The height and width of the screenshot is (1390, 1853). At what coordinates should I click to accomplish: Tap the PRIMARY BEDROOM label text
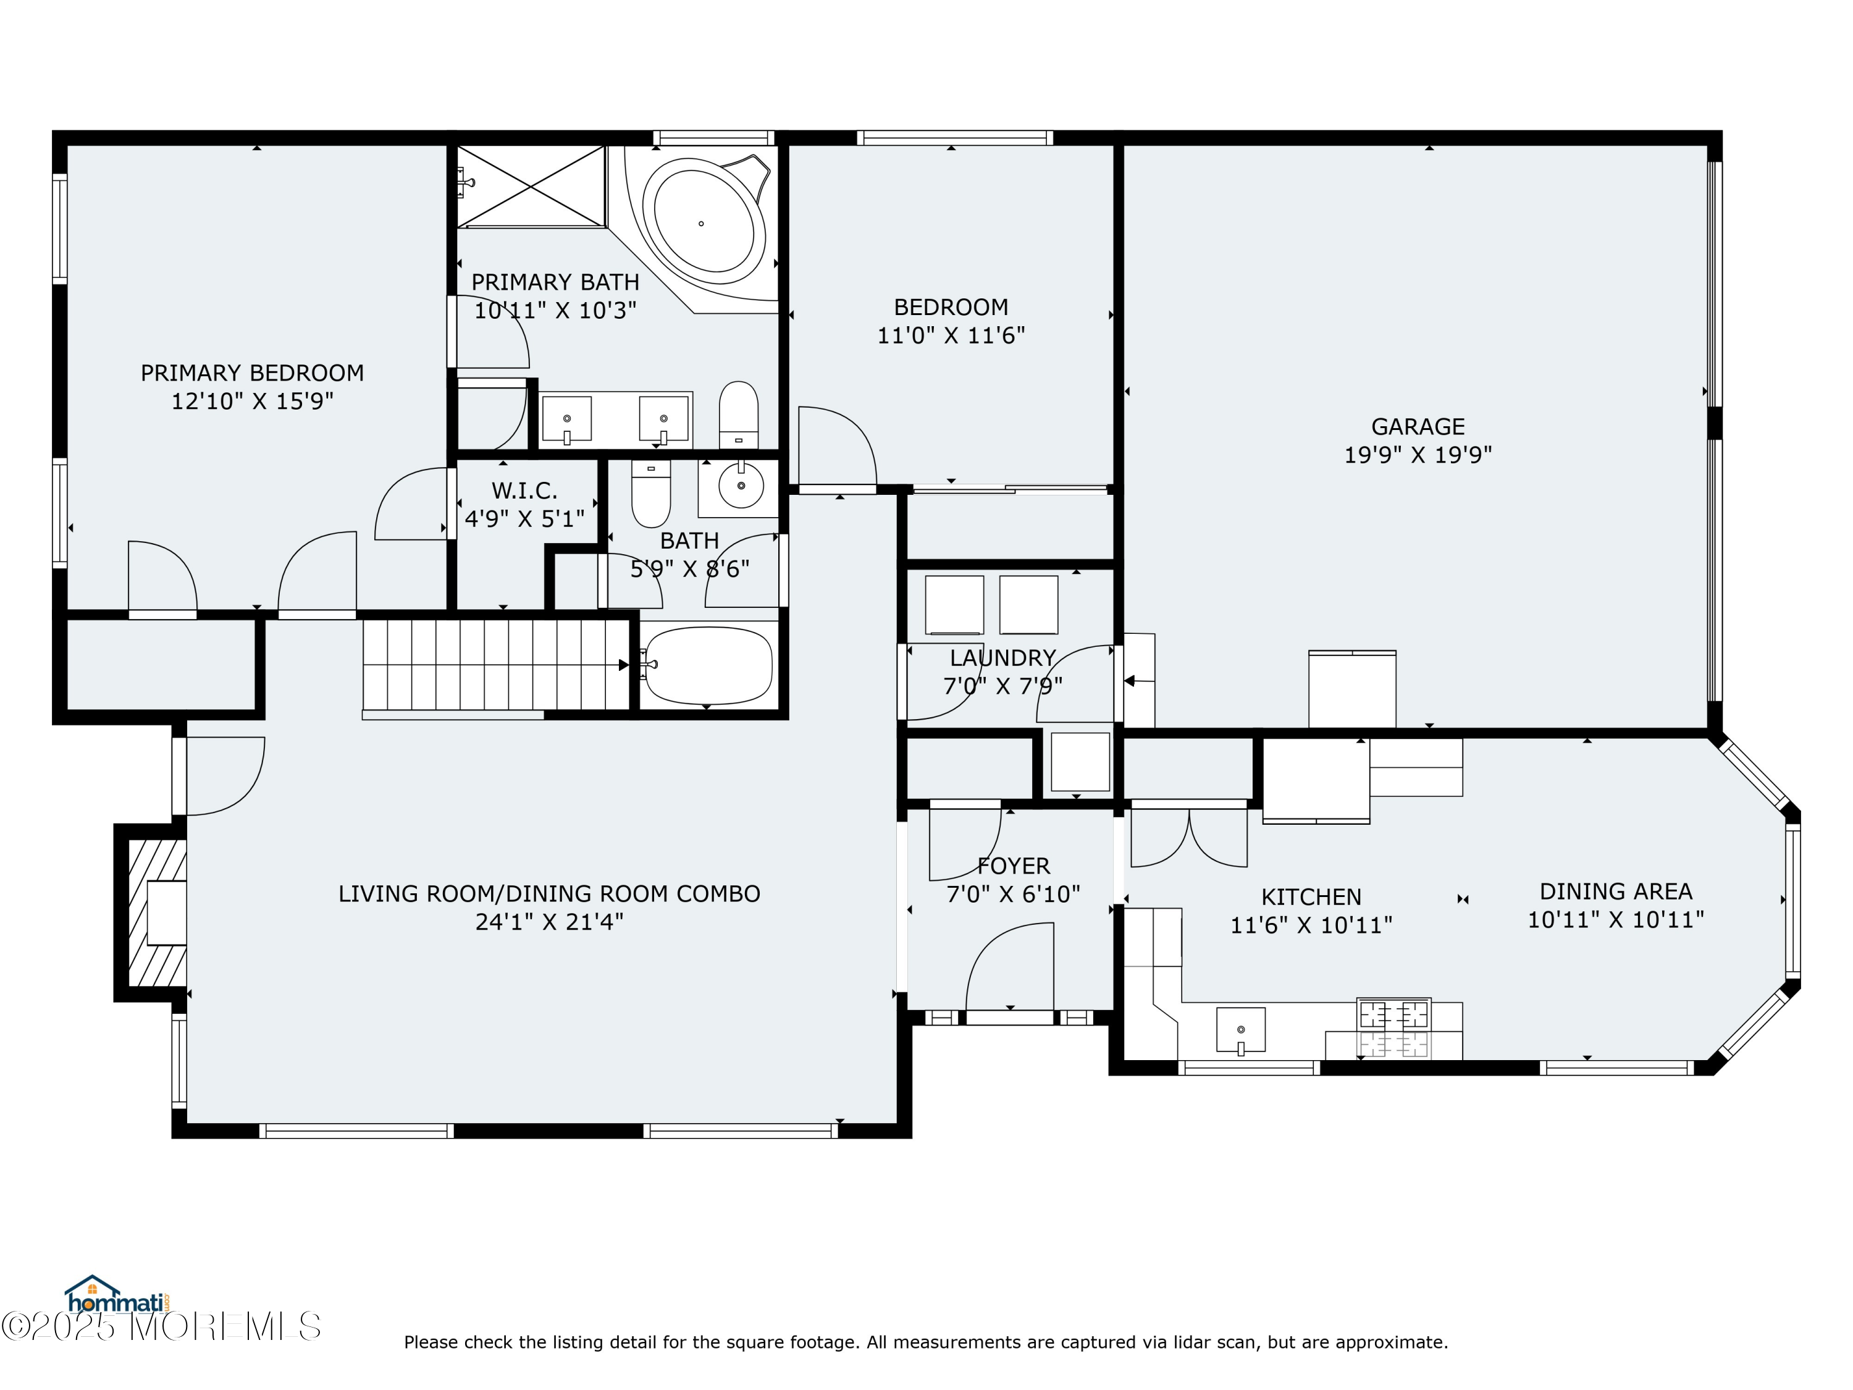click(252, 373)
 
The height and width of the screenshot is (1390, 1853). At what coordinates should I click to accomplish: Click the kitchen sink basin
click(1241, 1029)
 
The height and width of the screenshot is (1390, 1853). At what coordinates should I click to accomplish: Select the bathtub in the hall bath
click(708, 665)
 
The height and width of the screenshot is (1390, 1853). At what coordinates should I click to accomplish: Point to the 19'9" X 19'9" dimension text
click(1418, 455)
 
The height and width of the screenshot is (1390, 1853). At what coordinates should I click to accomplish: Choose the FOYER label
click(1013, 866)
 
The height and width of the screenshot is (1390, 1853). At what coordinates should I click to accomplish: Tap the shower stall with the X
click(531, 186)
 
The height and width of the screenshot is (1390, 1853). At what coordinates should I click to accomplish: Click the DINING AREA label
click(1616, 891)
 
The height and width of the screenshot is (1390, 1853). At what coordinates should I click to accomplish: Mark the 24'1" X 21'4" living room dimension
click(550, 922)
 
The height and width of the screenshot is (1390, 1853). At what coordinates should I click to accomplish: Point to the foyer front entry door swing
click(1009, 967)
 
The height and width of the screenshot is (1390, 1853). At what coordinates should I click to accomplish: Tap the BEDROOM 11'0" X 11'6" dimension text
click(951, 336)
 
